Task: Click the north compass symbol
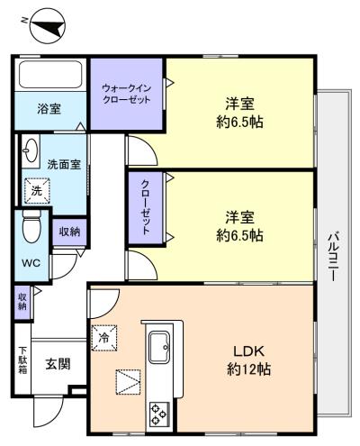(x=48, y=26)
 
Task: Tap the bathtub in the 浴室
(x=50, y=75)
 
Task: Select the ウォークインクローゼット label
(x=126, y=94)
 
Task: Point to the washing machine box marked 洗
(x=37, y=191)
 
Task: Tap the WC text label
(x=31, y=263)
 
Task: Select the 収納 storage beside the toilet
(x=69, y=232)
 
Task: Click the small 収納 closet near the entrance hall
(x=22, y=302)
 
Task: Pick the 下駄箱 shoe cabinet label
(x=22, y=360)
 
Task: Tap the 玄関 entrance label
(x=58, y=364)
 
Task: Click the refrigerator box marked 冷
(x=104, y=338)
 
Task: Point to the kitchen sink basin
(x=159, y=347)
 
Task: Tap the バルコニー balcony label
(x=333, y=256)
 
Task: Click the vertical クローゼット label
(x=146, y=207)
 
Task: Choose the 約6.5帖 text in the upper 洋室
(x=239, y=123)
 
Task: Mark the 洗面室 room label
(x=64, y=164)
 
